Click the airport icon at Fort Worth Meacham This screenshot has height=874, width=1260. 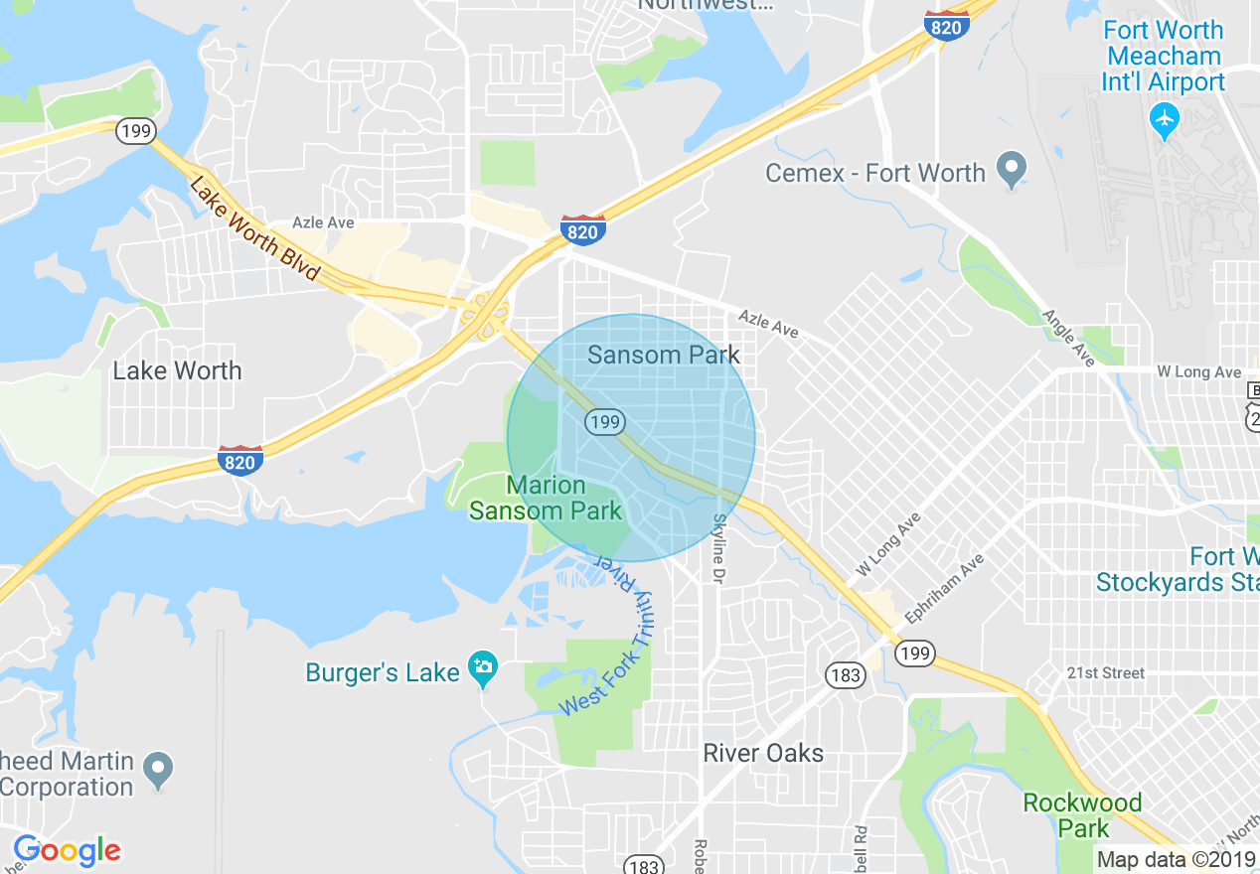1163,120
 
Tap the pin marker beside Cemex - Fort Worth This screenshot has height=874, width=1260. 1012,171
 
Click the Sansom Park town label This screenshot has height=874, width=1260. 663,355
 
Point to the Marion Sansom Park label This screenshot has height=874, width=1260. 546,499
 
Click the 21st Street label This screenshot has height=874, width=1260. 1106,672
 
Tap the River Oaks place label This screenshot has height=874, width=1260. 763,753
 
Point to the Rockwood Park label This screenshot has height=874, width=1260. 1082,814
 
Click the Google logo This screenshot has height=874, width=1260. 67,851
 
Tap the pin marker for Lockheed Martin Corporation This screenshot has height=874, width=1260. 158,767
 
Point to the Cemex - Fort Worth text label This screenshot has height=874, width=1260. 874,173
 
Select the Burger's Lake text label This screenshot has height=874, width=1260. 382,672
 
